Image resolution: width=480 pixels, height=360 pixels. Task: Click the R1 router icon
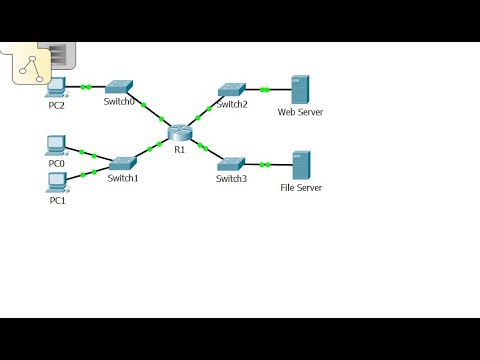tap(180, 134)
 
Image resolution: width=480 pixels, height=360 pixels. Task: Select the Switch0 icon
tap(119, 87)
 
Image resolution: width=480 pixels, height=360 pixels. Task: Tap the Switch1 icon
tap(123, 162)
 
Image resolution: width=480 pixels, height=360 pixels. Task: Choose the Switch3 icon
tap(231, 163)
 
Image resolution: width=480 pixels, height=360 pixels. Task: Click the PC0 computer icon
tap(57, 146)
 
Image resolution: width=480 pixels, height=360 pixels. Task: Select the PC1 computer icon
tap(57, 181)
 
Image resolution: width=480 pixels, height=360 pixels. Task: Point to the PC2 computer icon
tap(56, 87)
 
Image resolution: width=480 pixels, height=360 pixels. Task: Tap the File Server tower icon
tap(300, 165)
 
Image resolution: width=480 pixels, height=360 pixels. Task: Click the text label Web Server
tap(300, 112)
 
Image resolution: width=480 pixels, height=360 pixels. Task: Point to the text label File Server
tap(301, 187)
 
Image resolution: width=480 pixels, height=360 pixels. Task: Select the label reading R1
tap(180, 149)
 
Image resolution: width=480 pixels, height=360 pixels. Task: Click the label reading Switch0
tap(119, 102)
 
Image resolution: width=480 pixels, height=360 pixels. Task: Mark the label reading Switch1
tap(123, 177)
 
